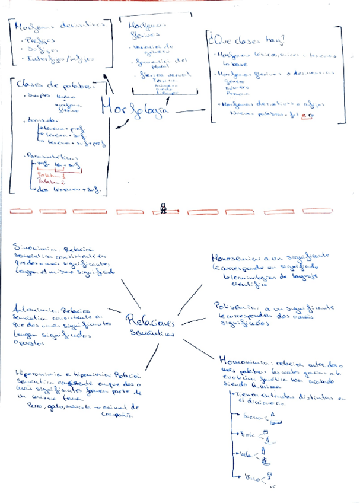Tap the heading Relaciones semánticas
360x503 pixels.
coord(150,326)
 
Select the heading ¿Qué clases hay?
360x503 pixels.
coord(246,41)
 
